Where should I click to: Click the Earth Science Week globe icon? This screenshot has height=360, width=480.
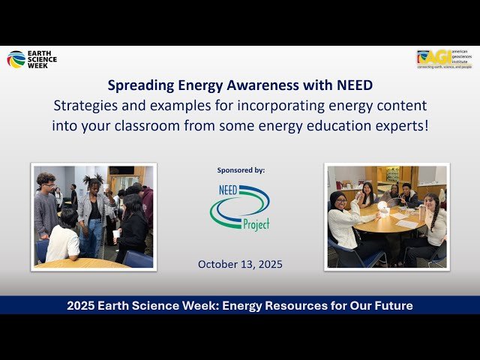(x=16, y=59)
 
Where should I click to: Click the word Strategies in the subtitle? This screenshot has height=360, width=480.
(x=85, y=105)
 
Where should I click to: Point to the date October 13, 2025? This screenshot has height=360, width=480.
(x=239, y=264)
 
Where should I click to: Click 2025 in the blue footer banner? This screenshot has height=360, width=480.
(x=82, y=305)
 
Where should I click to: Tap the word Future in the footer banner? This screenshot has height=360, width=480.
(x=390, y=305)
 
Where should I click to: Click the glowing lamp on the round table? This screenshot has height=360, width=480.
(x=382, y=207)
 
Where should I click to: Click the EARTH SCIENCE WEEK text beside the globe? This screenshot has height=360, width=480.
(x=42, y=59)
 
